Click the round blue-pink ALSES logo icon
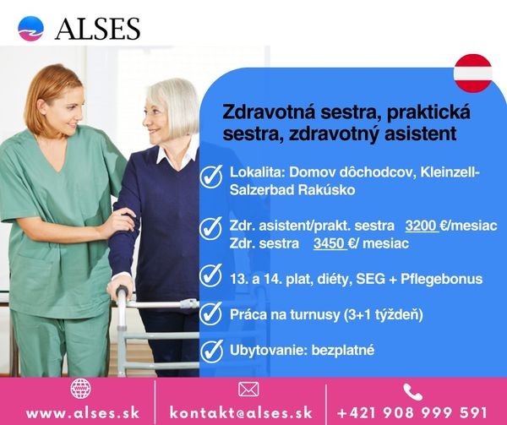[30, 29]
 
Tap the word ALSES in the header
[98, 29]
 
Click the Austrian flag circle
[473, 74]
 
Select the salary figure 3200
[421, 226]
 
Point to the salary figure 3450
[330, 243]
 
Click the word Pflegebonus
[441, 279]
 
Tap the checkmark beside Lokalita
[210, 176]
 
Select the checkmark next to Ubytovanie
[211, 351]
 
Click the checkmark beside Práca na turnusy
[210, 313]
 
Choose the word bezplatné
[343, 350]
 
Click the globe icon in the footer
[81, 389]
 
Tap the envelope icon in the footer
[248, 390]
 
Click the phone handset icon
[412, 392]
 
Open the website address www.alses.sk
[83, 413]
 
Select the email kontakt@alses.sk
[241, 413]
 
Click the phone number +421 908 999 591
[412, 413]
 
